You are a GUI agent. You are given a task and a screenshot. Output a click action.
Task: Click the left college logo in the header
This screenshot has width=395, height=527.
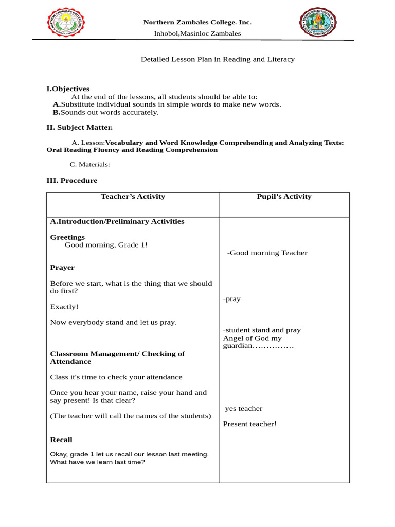point(66,24)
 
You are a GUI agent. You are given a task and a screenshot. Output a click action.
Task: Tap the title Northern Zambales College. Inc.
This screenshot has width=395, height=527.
point(197,22)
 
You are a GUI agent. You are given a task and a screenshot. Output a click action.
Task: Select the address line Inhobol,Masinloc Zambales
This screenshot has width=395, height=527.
point(197,33)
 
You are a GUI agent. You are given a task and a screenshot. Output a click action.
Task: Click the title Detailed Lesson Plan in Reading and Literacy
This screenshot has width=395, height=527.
point(218,59)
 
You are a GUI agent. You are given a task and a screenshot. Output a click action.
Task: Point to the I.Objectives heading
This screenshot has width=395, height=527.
point(68,89)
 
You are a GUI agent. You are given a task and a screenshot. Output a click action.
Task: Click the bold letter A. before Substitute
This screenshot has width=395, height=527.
point(57,104)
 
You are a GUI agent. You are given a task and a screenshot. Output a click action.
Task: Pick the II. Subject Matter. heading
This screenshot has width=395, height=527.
point(79,127)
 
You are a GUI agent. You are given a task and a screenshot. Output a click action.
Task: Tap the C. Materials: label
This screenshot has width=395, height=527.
point(89,165)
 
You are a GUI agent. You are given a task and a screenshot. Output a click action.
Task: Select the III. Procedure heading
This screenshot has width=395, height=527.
point(71,181)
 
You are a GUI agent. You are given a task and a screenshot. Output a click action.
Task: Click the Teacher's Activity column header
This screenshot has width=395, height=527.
point(133,196)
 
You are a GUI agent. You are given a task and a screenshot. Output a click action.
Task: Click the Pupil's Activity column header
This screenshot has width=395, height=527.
point(284,196)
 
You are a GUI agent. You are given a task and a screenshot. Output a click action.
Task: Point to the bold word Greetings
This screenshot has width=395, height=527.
point(67,237)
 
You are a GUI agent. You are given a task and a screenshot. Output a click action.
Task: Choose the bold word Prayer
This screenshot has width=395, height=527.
point(62,268)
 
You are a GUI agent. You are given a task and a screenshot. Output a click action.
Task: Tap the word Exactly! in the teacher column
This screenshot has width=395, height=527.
point(64,307)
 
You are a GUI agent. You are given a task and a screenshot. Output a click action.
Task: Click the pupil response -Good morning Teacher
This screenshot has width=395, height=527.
point(267,253)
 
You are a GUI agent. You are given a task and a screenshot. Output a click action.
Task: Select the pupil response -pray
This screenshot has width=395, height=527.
point(231,299)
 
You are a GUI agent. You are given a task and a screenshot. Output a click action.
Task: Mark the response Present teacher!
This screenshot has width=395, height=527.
point(249,424)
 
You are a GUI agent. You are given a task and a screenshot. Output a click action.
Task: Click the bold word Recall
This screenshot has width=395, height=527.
point(61,440)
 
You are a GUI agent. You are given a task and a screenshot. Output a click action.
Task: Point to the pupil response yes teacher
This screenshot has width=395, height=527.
point(244,409)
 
